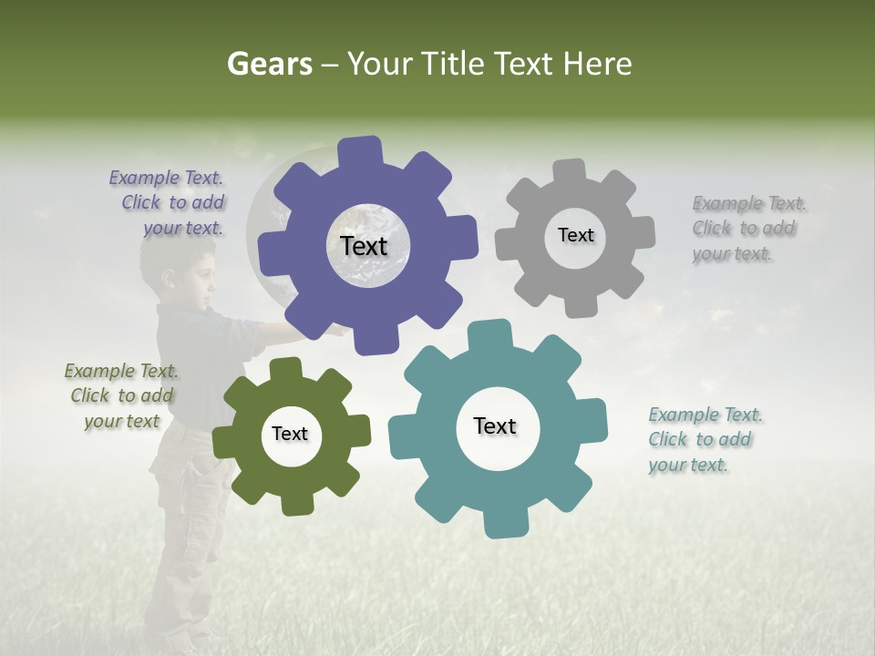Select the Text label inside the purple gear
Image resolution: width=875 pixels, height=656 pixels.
(364, 246)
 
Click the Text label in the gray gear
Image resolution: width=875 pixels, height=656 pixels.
(575, 235)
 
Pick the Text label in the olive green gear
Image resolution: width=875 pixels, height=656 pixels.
(290, 434)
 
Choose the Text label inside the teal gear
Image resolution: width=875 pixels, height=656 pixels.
(495, 425)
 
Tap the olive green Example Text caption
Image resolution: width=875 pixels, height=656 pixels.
(121, 395)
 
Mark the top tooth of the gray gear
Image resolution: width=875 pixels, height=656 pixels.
(570, 171)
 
